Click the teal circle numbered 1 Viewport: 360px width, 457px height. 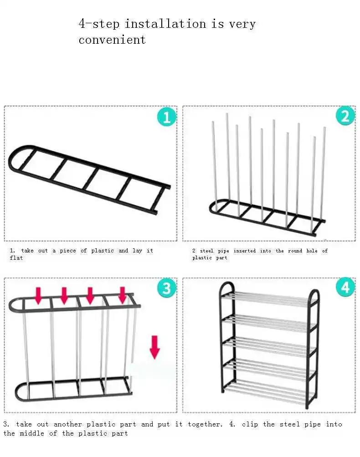[167, 117]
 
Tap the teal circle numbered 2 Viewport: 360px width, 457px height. [345, 116]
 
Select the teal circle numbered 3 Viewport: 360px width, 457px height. [167, 288]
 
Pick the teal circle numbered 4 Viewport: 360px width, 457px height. [345, 287]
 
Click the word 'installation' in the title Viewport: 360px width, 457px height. [165, 24]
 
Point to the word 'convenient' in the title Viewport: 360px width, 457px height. [112, 40]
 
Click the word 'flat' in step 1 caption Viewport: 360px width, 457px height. [16, 257]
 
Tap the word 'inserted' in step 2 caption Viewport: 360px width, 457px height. [245, 251]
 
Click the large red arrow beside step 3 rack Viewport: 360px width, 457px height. [154, 347]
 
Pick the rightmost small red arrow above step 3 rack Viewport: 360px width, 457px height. [123, 295]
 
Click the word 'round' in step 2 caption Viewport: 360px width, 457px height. [295, 251]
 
